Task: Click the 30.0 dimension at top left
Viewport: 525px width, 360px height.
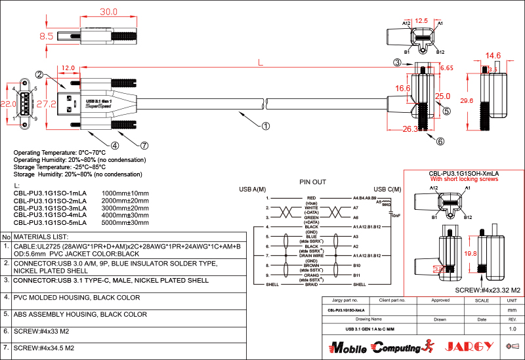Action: point(108,12)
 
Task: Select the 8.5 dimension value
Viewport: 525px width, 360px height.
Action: point(46,37)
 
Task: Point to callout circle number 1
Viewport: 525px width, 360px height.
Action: point(265,125)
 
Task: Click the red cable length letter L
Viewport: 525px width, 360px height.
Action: point(260,63)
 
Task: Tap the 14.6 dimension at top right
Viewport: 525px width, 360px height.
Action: point(493,56)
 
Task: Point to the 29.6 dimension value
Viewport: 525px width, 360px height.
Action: point(467,100)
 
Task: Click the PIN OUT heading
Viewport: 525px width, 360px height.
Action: point(312,182)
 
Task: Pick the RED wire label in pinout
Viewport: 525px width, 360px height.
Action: point(311,197)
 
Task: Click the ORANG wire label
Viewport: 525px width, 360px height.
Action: point(311,275)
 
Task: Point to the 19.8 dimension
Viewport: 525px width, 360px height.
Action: point(470,253)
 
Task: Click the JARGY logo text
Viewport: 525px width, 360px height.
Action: point(469,346)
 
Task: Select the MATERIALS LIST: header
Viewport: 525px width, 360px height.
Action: point(41,236)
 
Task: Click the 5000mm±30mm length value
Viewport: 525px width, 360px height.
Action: point(125,222)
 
